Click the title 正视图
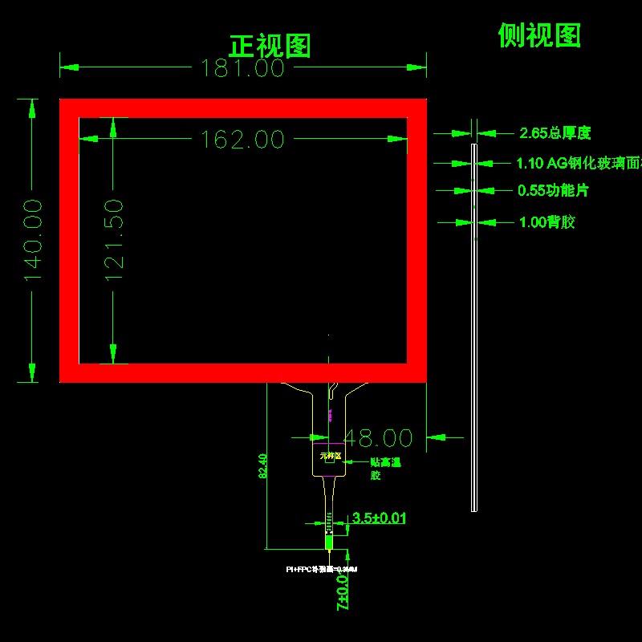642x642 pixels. pos(270,46)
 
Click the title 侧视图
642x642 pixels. pos(539,35)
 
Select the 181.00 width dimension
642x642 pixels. pos(242,69)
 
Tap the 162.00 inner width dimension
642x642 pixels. pos(242,140)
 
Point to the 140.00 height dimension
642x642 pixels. pos(33,240)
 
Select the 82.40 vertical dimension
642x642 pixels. pos(262,466)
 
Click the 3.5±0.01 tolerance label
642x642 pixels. pos(379,518)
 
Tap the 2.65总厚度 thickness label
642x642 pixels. pos(555,133)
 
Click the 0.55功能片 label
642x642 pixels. pos(553,191)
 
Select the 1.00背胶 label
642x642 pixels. pos(547,222)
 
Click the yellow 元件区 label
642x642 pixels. pos(330,457)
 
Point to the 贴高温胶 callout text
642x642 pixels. pos(384,469)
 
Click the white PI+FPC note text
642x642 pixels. pos(321,569)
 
